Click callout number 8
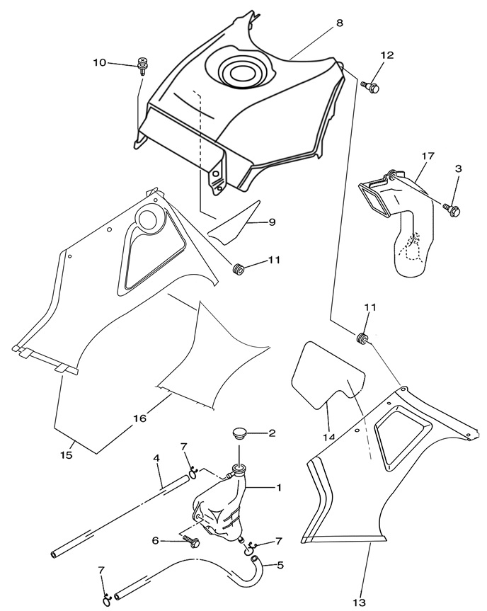tap(340, 23)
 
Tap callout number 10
tap(99, 63)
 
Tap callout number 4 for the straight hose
tap(158, 459)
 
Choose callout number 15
tap(67, 455)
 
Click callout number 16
tap(139, 418)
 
